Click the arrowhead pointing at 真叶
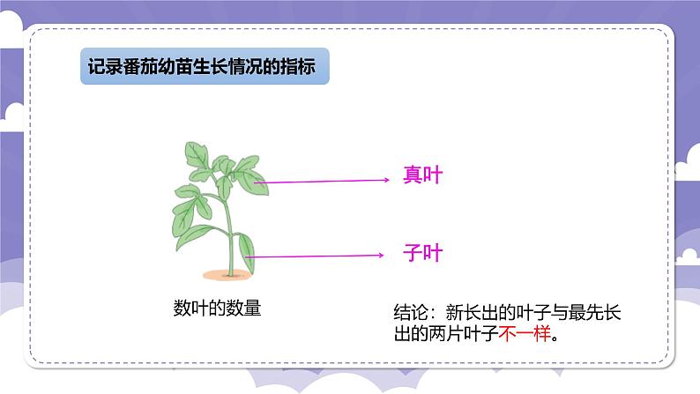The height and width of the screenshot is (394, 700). pos(386,181)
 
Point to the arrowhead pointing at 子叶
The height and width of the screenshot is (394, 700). pos(381,256)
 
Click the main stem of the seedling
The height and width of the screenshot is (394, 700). pos(232,229)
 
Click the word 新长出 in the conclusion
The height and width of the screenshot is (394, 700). pos(475,313)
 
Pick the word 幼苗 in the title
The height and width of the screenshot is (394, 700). pos(182,69)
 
